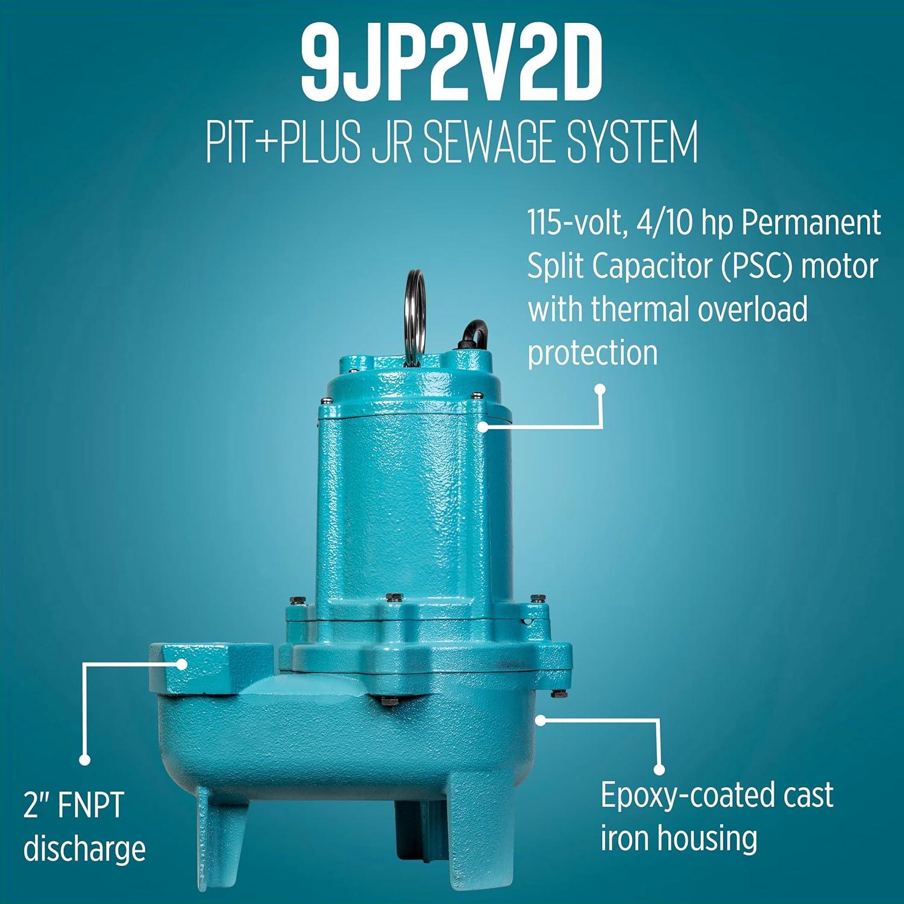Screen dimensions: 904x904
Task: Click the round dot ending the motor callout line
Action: pos(600,389)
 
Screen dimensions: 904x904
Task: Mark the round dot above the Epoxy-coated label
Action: pos(659,770)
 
